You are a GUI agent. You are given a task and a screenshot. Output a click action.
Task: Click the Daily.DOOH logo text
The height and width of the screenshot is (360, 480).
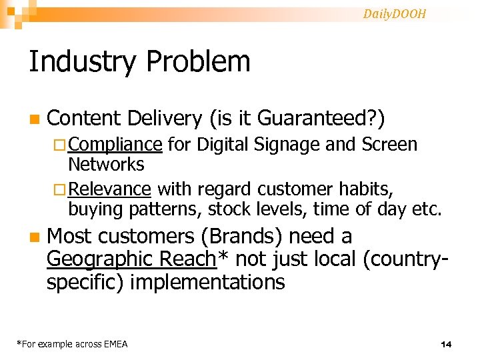click(x=395, y=14)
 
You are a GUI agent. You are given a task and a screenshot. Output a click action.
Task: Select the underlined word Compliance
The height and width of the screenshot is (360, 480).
click(x=115, y=145)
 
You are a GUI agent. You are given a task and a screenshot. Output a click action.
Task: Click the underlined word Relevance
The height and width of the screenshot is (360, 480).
click(x=109, y=190)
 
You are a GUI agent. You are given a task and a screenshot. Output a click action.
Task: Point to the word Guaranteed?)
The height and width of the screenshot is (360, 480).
click(x=331, y=119)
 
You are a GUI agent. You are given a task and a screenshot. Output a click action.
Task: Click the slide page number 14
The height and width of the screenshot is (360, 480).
click(x=446, y=344)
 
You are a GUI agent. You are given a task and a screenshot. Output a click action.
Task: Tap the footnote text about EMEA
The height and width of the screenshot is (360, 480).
click(x=72, y=344)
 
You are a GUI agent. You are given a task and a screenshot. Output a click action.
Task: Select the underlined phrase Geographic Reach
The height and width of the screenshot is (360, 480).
click(x=132, y=259)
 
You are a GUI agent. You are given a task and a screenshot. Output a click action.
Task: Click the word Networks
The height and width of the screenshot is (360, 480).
click(x=106, y=164)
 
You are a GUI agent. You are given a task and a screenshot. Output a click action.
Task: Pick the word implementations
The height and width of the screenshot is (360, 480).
click(x=207, y=282)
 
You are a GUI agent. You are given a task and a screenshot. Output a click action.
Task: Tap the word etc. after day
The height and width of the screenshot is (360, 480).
click(x=427, y=209)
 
